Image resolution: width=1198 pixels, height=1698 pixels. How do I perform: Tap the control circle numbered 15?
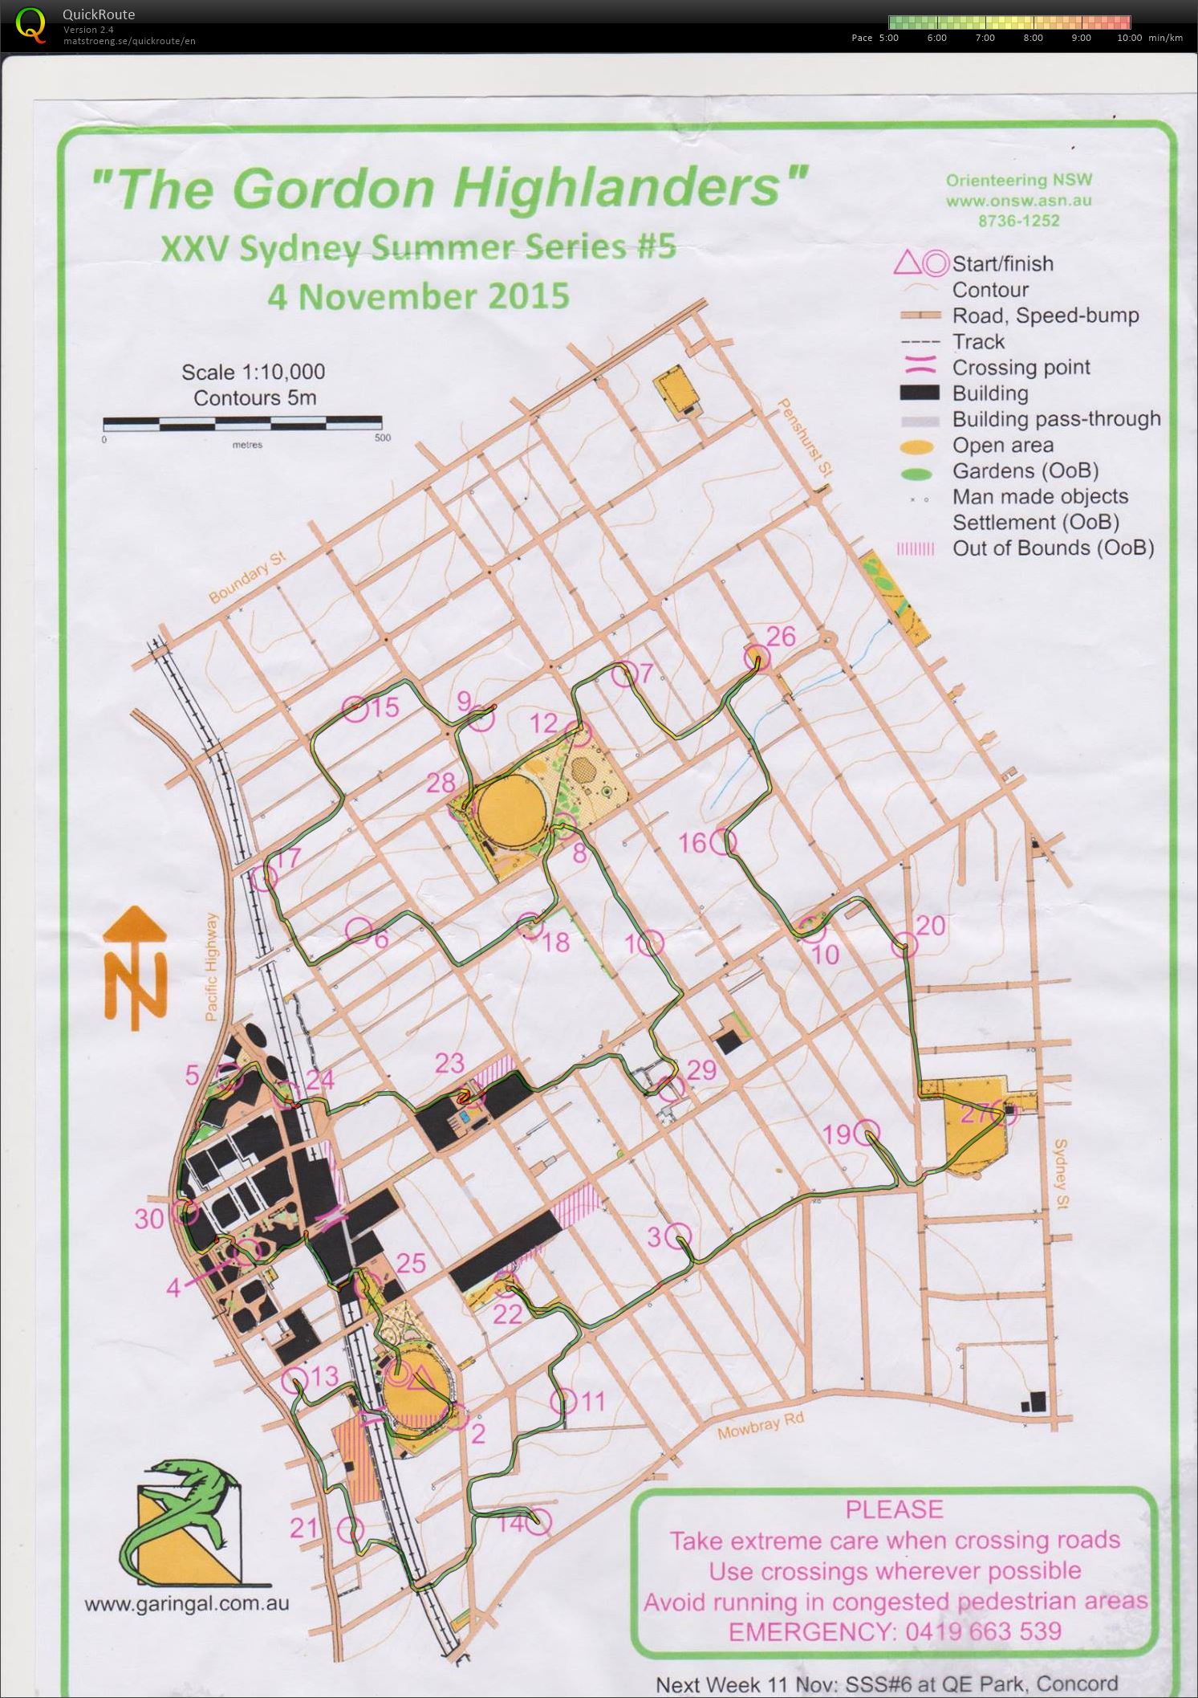coord(355,707)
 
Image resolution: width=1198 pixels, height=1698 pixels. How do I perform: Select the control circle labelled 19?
coord(866,1133)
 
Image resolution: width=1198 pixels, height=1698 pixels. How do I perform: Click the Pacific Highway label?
coord(211,967)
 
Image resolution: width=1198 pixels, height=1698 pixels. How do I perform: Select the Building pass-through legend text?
coord(1056,419)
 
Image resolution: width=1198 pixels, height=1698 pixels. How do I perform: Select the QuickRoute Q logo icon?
coord(31,24)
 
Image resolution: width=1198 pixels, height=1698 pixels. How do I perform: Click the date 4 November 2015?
coord(417,296)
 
